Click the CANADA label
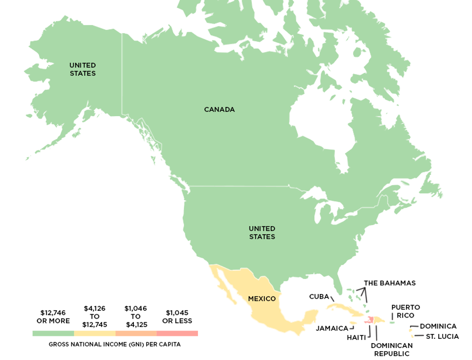point(219,109)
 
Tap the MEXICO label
point(262,299)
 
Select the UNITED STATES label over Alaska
point(82,69)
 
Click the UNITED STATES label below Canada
point(262,232)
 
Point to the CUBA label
point(319,296)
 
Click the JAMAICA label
point(331,329)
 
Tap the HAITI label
point(356,337)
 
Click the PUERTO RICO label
point(406,311)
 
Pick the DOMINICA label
point(438,326)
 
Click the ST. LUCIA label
point(442,336)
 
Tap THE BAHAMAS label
point(390,283)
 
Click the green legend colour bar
point(53,333)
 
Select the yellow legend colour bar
point(95,333)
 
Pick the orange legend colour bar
point(136,333)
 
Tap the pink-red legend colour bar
point(177,333)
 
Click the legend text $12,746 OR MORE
point(53,317)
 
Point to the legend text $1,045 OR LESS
point(177,317)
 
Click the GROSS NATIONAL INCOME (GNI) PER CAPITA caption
point(115,345)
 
